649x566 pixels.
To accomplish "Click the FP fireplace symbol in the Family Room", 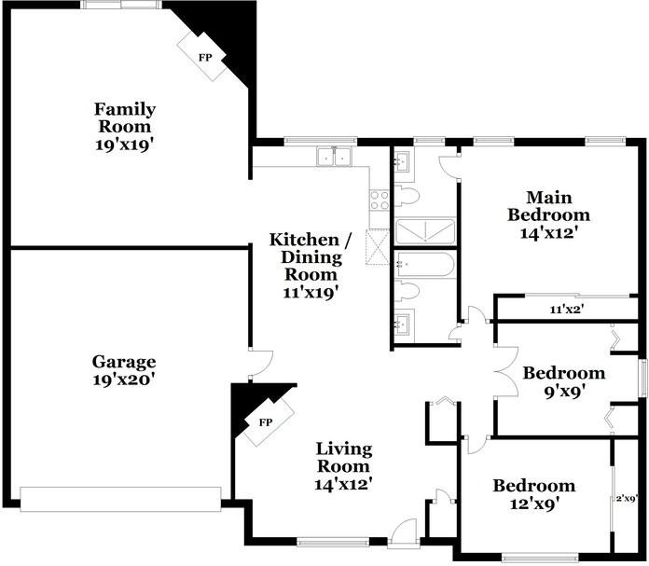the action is pyautogui.click(x=202, y=57).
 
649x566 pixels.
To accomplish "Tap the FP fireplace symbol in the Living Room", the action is pyautogui.click(x=269, y=421).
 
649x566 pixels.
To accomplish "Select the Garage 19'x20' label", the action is pyautogui.click(x=124, y=370).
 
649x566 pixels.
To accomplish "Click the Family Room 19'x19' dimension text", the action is pyautogui.click(x=126, y=145).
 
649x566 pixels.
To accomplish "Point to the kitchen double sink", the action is pyautogui.click(x=334, y=157).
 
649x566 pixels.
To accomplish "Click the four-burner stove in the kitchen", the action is pyautogui.click(x=380, y=200).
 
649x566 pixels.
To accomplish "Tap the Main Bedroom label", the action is pyautogui.click(x=549, y=206).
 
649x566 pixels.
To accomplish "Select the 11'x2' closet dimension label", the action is pyautogui.click(x=567, y=309).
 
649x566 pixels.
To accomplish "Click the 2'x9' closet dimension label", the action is pyautogui.click(x=626, y=499).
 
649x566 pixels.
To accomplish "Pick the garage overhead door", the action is pyautogui.click(x=120, y=500).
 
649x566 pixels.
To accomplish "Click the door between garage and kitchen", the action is pyautogui.click(x=261, y=364).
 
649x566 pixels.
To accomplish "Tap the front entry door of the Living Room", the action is pyautogui.click(x=404, y=531).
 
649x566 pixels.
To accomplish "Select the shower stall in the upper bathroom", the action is pyautogui.click(x=425, y=231).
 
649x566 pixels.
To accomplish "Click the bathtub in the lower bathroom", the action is pyautogui.click(x=425, y=265).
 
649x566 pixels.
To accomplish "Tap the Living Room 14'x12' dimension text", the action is pyautogui.click(x=342, y=485).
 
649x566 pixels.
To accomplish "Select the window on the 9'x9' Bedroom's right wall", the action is pyautogui.click(x=644, y=378).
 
